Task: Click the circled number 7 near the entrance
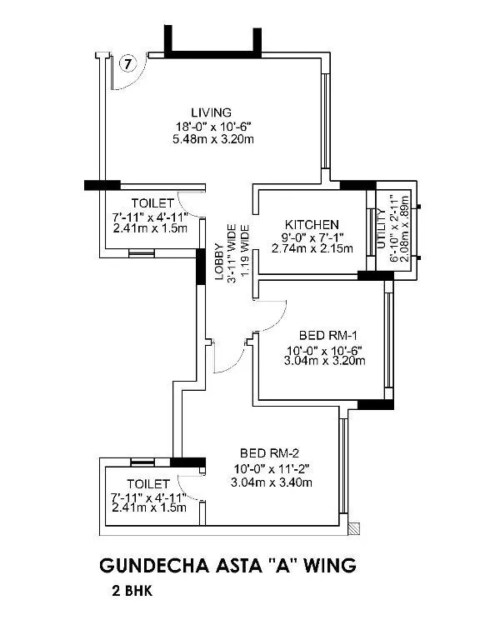[127, 62]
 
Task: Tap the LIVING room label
[211, 112]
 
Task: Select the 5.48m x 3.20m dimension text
[212, 138]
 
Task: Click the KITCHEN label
[312, 225]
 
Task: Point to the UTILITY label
[382, 224]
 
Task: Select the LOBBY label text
[219, 262]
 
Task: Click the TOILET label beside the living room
[152, 203]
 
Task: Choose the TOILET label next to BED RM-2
[148, 483]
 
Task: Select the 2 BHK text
[128, 595]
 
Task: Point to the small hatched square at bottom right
[356, 528]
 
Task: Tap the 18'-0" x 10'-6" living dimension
[212, 126]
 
